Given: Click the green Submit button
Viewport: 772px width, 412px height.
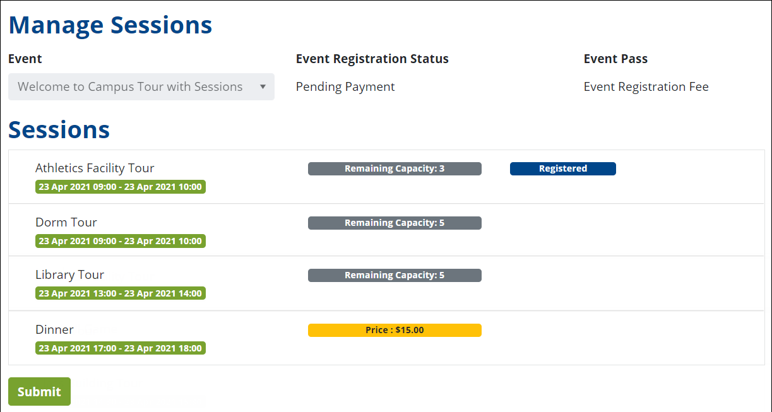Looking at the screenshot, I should [39, 391].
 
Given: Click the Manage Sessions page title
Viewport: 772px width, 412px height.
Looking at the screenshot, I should [110, 25].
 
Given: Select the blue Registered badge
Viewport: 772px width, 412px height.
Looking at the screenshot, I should [562, 168].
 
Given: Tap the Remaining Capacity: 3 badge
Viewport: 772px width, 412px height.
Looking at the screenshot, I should [395, 168].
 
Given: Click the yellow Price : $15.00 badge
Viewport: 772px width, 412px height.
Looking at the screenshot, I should [395, 330].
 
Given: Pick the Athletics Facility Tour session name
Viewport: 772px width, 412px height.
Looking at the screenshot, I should [95, 168].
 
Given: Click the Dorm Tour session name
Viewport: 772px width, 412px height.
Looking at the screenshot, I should [66, 222].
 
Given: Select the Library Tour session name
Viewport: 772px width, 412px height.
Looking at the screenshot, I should [69, 274].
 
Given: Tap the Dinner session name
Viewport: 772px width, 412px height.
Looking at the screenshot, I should [54, 329].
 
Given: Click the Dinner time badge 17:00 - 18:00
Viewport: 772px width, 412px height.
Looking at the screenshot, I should [120, 348].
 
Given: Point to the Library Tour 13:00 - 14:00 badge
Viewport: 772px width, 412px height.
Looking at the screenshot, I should [120, 293].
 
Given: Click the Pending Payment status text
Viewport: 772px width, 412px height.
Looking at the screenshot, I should [345, 86].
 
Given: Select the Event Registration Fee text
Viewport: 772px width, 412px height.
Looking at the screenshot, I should [646, 86].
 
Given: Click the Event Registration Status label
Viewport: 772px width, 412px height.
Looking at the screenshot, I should [372, 59].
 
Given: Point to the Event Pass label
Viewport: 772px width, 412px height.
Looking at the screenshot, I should [615, 59].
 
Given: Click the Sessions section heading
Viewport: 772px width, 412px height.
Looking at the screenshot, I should [59, 129].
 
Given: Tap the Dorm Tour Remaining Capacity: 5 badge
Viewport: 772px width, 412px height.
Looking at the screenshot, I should [395, 223].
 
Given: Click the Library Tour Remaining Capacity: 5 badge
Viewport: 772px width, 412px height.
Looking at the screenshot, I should [395, 275].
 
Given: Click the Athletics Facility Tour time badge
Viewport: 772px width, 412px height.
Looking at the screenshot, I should [120, 187].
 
